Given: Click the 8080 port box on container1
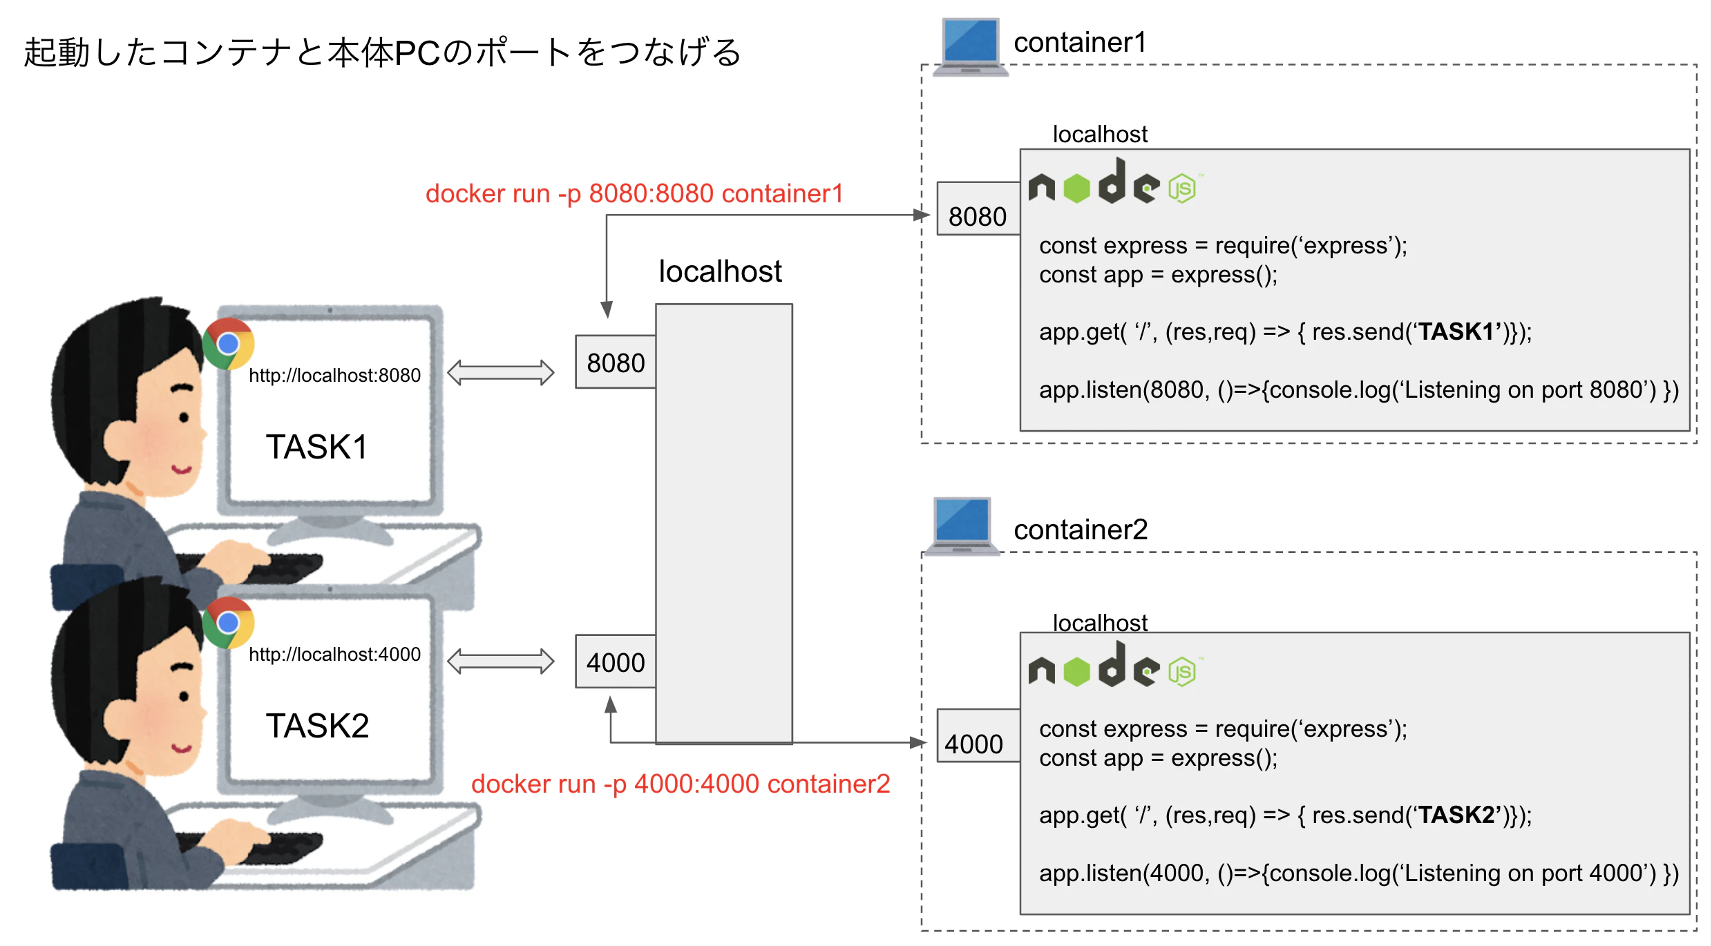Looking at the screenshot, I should [x=978, y=209].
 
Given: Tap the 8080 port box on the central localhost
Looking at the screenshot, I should [x=616, y=363].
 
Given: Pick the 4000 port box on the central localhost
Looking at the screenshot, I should [x=616, y=662].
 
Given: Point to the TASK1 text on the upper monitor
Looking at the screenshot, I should [x=317, y=447].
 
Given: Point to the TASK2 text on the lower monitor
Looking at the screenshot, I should [x=317, y=726].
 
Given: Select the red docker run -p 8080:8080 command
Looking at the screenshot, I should [x=634, y=194].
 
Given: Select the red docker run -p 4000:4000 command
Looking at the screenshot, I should [x=681, y=784].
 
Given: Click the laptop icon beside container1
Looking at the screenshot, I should [x=970, y=46].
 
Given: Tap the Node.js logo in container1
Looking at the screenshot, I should [x=1113, y=183].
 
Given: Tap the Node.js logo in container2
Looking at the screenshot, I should [x=1113, y=666].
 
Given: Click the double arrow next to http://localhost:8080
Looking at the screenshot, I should [x=500, y=373].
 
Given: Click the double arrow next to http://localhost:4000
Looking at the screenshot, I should [x=500, y=661].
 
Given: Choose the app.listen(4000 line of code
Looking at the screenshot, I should [x=1358, y=873].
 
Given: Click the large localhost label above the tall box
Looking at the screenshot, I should [x=720, y=271].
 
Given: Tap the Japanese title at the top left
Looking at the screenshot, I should [x=382, y=52].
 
